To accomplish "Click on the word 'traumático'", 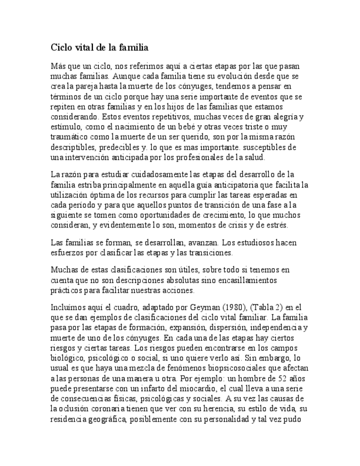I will [70, 137].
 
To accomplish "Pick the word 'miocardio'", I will [176, 389].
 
